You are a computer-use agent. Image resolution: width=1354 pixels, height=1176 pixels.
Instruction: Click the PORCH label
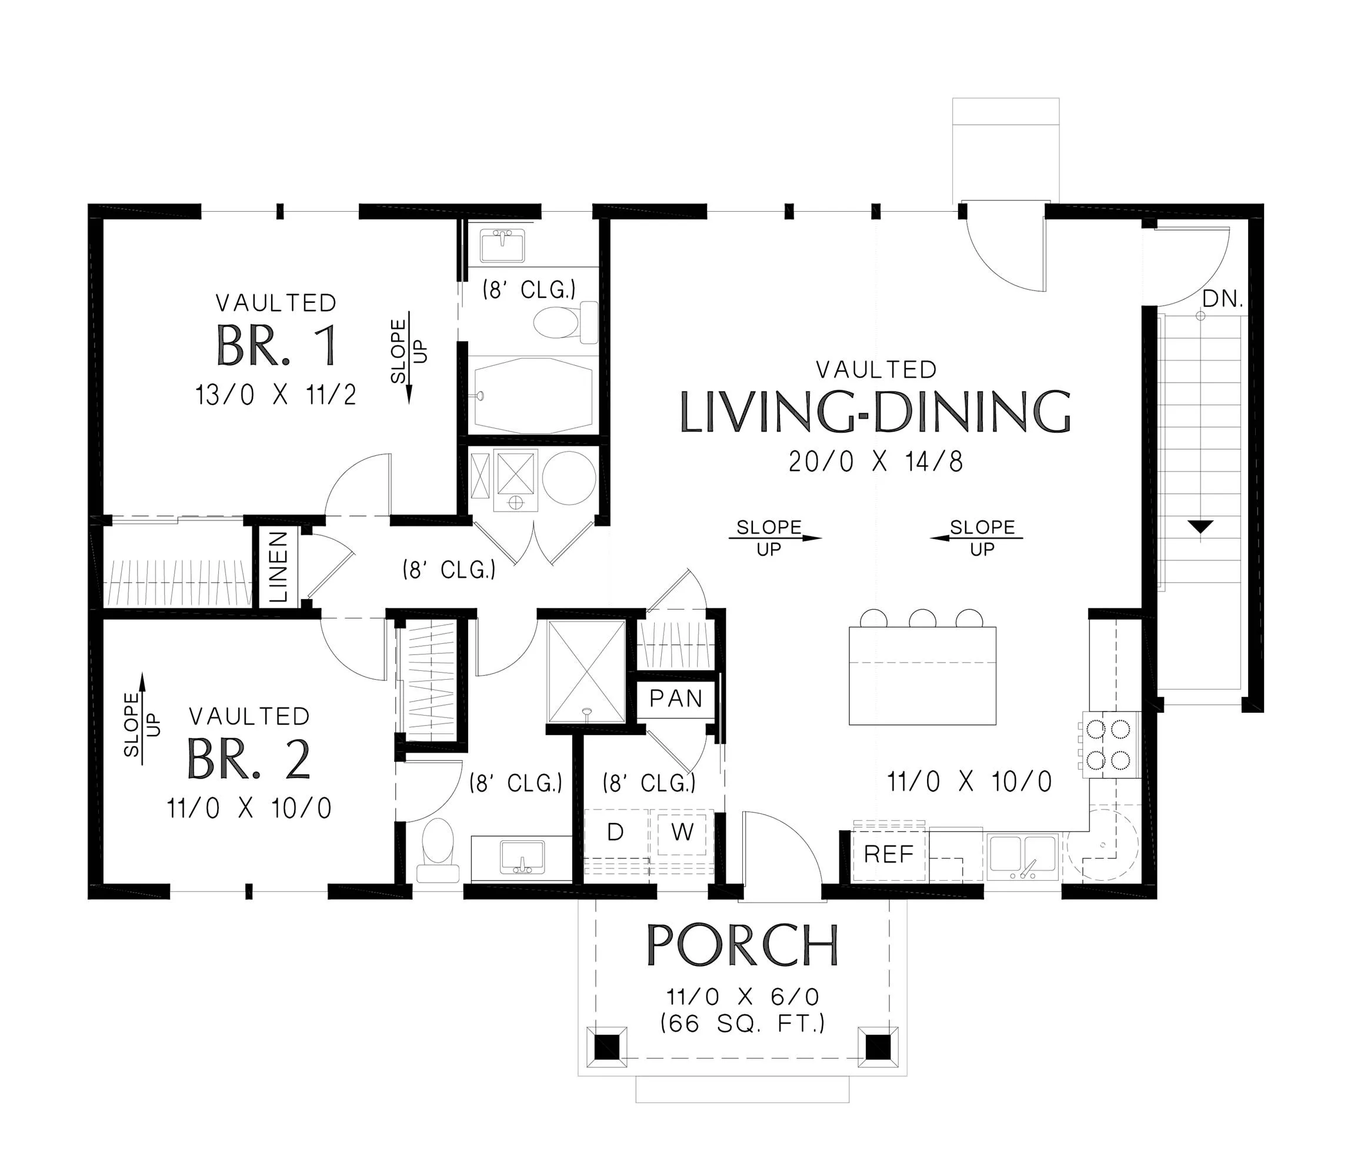coord(742,945)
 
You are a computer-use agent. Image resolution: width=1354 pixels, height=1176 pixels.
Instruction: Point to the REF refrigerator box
coord(889,854)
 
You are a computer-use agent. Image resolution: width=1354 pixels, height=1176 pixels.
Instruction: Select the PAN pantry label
coord(675,699)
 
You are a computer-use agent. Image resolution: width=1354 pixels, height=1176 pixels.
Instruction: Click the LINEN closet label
coord(278,567)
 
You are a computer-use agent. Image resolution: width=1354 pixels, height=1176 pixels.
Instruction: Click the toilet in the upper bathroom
coord(565,322)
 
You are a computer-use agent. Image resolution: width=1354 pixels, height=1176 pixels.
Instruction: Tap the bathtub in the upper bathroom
coord(533,395)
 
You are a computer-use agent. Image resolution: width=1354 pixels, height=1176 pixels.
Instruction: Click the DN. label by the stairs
coord(1223,299)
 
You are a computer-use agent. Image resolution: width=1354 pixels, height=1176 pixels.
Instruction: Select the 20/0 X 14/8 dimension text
coord(876,462)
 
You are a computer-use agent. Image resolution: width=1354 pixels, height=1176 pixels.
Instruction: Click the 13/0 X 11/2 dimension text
coord(276,396)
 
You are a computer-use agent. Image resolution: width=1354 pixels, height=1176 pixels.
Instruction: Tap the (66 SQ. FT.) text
coord(742,1023)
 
